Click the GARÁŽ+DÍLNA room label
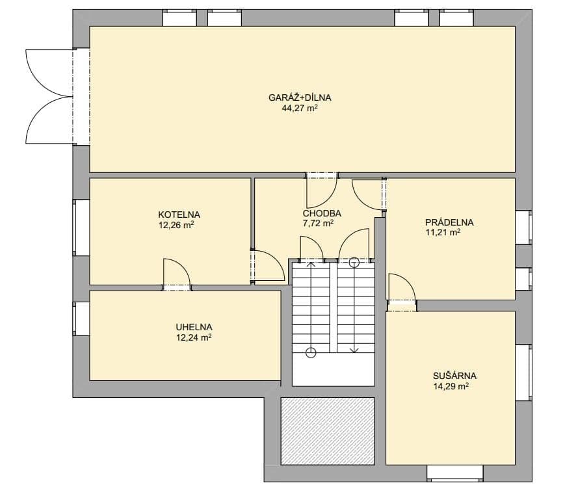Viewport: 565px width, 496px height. tap(300, 98)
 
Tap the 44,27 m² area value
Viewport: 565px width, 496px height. tap(300, 109)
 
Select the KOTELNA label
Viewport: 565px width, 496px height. tap(179, 215)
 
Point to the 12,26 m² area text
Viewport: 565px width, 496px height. tap(177, 226)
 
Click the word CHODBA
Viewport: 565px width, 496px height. tap(322, 213)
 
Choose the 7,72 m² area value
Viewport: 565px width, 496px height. tap(318, 224)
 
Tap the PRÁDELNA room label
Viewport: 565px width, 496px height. tap(449, 222)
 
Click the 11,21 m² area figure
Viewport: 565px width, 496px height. tap(443, 232)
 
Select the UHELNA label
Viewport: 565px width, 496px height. tap(194, 327)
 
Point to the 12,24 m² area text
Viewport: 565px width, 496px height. tap(194, 337)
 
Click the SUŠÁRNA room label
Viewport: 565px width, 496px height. tap(454, 376)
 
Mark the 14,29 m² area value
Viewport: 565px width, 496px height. tap(451, 387)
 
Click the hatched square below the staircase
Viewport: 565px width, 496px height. tap(328, 431)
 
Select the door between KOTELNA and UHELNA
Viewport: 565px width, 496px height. tap(177, 275)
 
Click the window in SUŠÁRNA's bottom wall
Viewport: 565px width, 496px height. tap(455, 473)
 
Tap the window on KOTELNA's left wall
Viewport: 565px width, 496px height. tap(81, 228)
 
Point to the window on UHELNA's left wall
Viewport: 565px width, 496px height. tap(81, 319)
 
